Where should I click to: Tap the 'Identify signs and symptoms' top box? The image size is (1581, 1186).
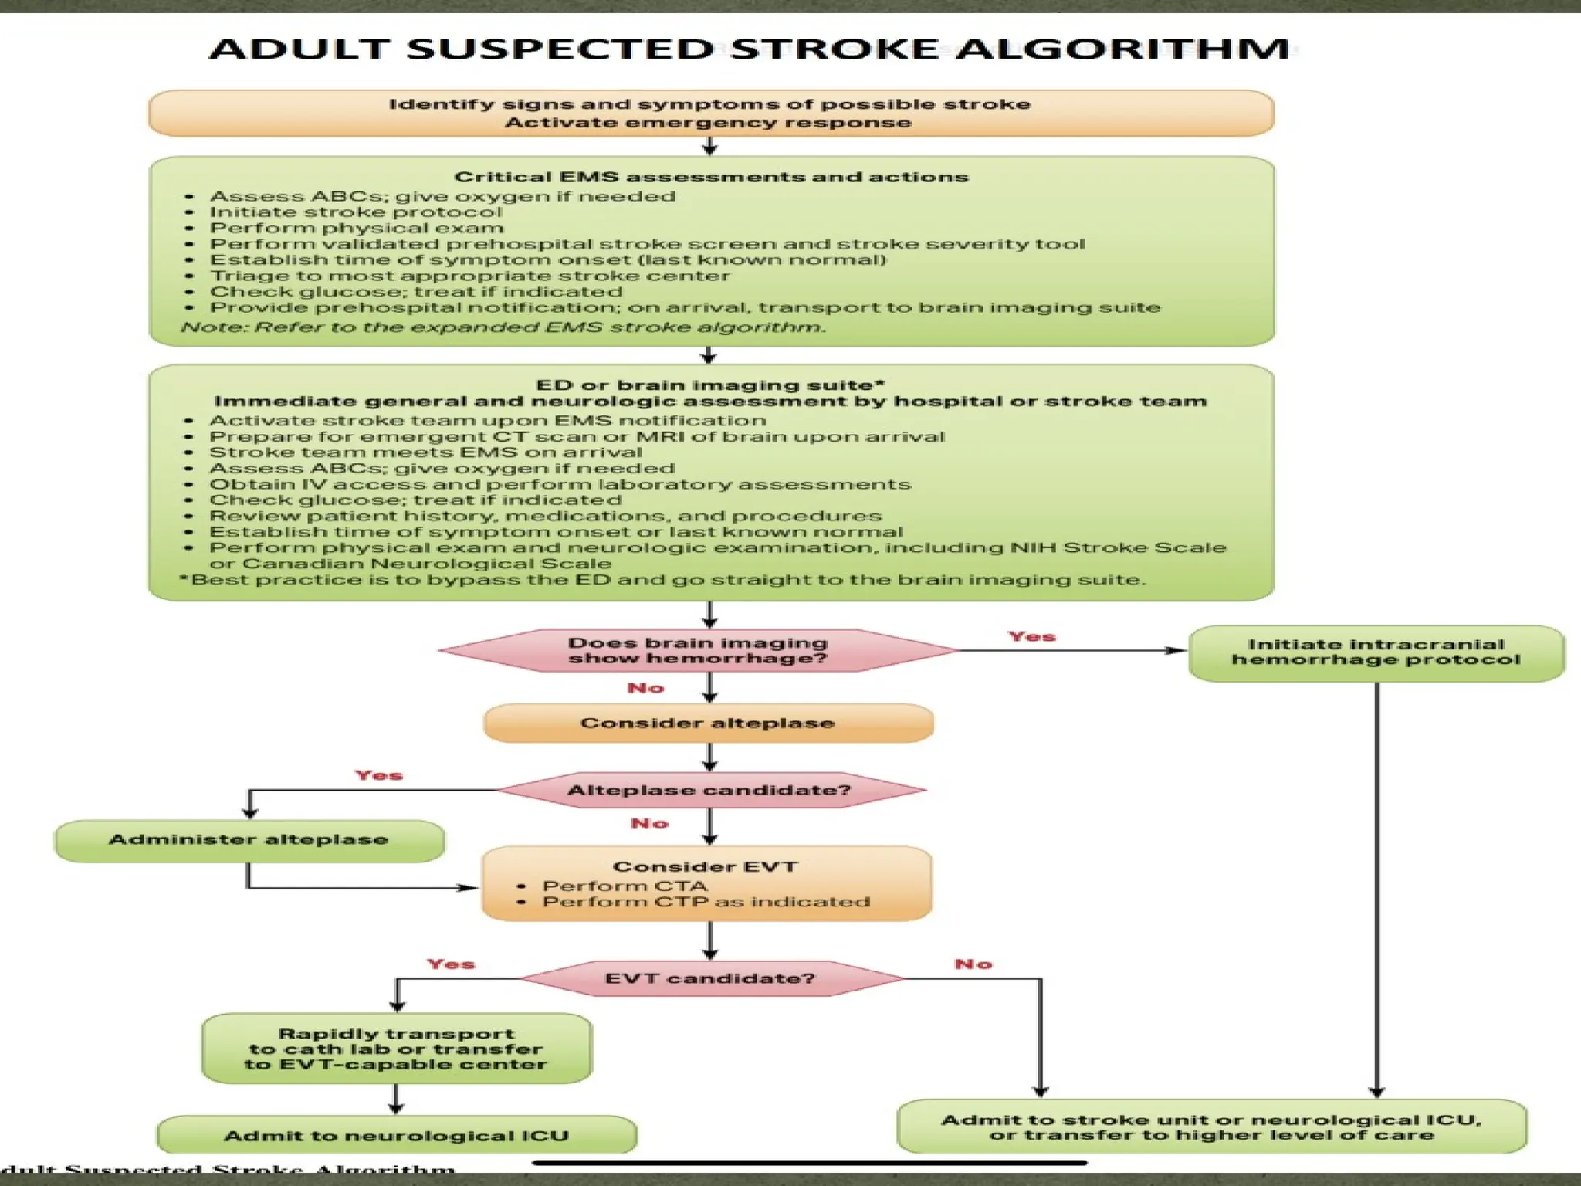tap(710, 114)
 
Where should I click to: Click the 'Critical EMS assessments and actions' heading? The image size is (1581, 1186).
tap(710, 177)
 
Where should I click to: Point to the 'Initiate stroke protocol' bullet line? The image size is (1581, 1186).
tap(355, 212)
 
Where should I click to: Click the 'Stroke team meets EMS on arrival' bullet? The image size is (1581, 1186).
tap(425, 452)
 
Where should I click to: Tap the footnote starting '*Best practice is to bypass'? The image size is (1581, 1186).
tap(662, 580)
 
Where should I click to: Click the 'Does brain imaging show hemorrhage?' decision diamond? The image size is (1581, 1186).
tap(698, 651)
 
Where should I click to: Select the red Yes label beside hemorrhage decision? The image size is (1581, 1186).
tap(1031, 636)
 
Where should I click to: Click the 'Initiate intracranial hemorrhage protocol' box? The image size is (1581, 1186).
tap(1376, 652)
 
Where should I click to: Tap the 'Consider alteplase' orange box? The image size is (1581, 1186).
tap(707, 723)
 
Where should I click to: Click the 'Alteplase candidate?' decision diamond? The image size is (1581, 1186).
tap(709, 791)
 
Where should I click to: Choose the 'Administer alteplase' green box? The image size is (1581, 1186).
tap(249, 840)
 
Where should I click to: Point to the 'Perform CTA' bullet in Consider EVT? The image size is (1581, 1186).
tap(624, 886)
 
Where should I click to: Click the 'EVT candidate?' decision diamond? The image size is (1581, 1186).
tap(709, 979)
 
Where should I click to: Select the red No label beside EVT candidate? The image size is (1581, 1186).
tap(973, 964)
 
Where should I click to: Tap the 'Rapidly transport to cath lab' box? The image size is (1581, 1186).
tap(396, 1049)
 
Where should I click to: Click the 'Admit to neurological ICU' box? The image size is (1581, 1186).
tap(396, 1136)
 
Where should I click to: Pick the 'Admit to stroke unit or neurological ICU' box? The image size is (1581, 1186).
tap(1210, 1127)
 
